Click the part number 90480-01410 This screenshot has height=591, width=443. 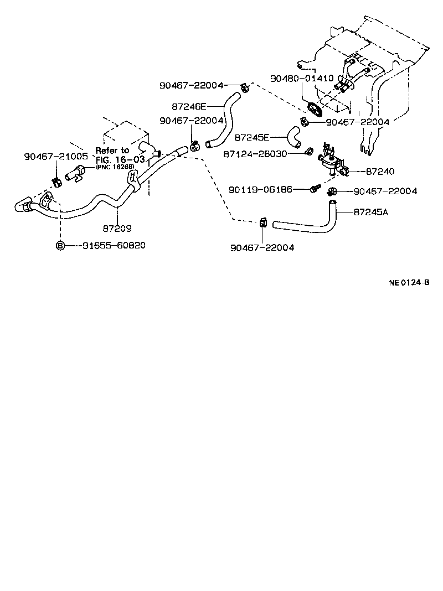(302, 79)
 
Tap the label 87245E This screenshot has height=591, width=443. (252, 137)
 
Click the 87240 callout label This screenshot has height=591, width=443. (367, 172)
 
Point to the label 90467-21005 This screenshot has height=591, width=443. (56, 157)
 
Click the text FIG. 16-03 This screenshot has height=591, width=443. (120, 159)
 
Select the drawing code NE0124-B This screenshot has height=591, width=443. (409, 283)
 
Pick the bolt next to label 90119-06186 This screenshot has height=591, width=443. (314, 190)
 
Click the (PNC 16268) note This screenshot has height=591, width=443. (119, 167)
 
